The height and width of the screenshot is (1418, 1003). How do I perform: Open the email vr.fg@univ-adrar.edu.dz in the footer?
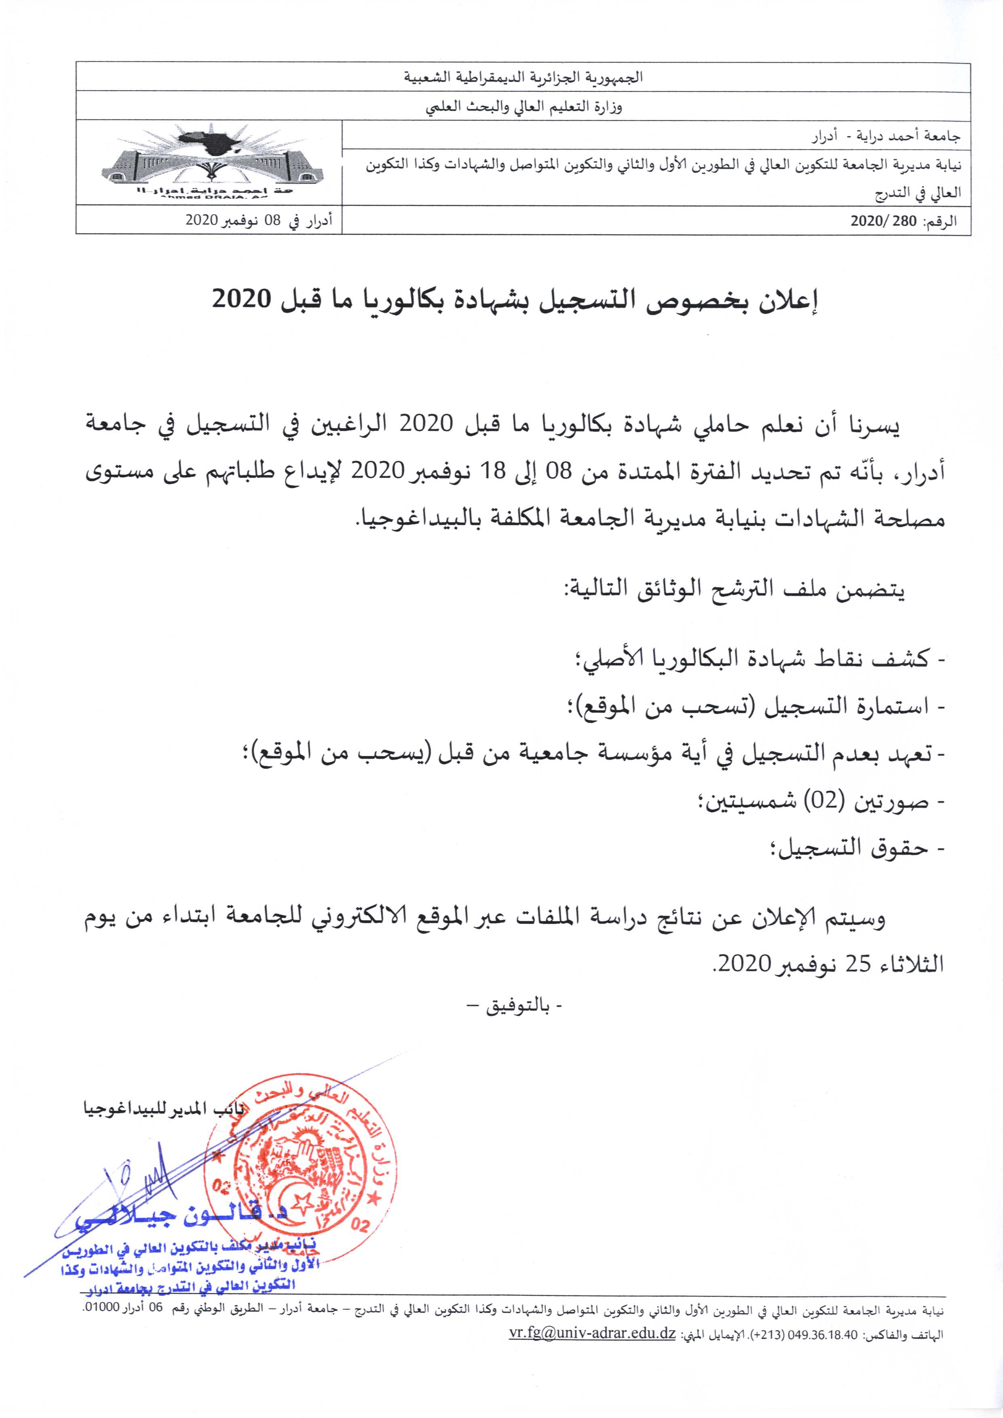[592, 1397]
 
